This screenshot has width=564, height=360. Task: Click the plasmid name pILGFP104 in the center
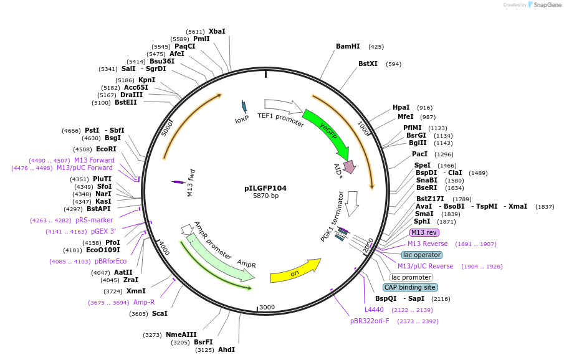click(265, 187)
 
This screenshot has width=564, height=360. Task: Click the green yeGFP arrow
click(326, 131)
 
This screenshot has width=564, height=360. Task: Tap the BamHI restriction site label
click(348, 46)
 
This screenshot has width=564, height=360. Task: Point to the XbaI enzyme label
click(217, 31)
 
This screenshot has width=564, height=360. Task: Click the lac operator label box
click(422, 255)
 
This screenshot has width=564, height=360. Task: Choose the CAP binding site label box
click(410, 287)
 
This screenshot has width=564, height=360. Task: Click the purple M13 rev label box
click(424, 232)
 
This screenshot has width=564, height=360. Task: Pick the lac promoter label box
click(411, 277)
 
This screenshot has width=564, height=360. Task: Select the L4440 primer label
click(375, 310)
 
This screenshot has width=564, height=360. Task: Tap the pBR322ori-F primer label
click(370, 321)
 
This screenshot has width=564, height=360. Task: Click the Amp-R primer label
click(144, 302)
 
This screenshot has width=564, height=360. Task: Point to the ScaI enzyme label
click(160, 313)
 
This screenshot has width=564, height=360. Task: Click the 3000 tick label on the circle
click(267, 307)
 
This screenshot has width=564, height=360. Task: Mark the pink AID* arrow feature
click(348, 166)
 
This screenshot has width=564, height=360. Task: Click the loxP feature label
click(242, 118)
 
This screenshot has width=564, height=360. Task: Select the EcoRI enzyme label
click(106, 149)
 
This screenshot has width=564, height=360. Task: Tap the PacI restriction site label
click(419, 154)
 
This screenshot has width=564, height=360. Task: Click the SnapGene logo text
click(545, 5)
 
